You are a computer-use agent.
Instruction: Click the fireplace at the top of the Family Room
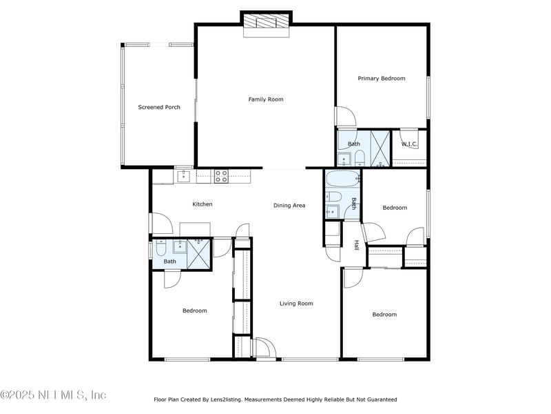coord(266,22)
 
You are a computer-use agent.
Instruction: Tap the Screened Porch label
coord(159,107)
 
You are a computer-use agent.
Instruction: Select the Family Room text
coord(266,99)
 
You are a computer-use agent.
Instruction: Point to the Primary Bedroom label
coord(382,78)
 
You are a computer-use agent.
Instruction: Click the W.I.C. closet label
coord(409,144)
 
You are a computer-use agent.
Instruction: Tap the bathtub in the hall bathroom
coord(342,179)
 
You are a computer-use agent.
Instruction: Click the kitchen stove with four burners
coord(221,176)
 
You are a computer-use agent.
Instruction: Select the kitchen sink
coord(184,177)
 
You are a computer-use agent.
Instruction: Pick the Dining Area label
coord(289,205)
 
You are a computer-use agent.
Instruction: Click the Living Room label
coord(296,303)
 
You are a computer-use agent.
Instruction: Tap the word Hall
coord(357,245)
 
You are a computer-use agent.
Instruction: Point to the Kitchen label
coord(202,204)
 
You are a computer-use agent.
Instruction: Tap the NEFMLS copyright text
coord(54,395)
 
